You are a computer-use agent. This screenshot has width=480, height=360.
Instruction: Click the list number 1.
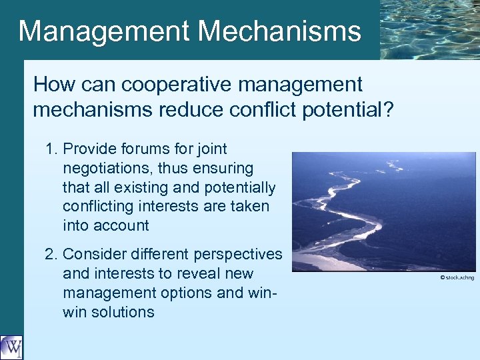pos(51,149)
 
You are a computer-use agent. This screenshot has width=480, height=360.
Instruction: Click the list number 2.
pos(51,254)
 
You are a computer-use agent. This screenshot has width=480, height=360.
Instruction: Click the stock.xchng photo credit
pos(457,277)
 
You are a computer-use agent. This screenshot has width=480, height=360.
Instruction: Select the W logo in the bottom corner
pos(11,347)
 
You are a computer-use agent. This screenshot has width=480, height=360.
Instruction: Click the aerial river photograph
pos(383,211)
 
